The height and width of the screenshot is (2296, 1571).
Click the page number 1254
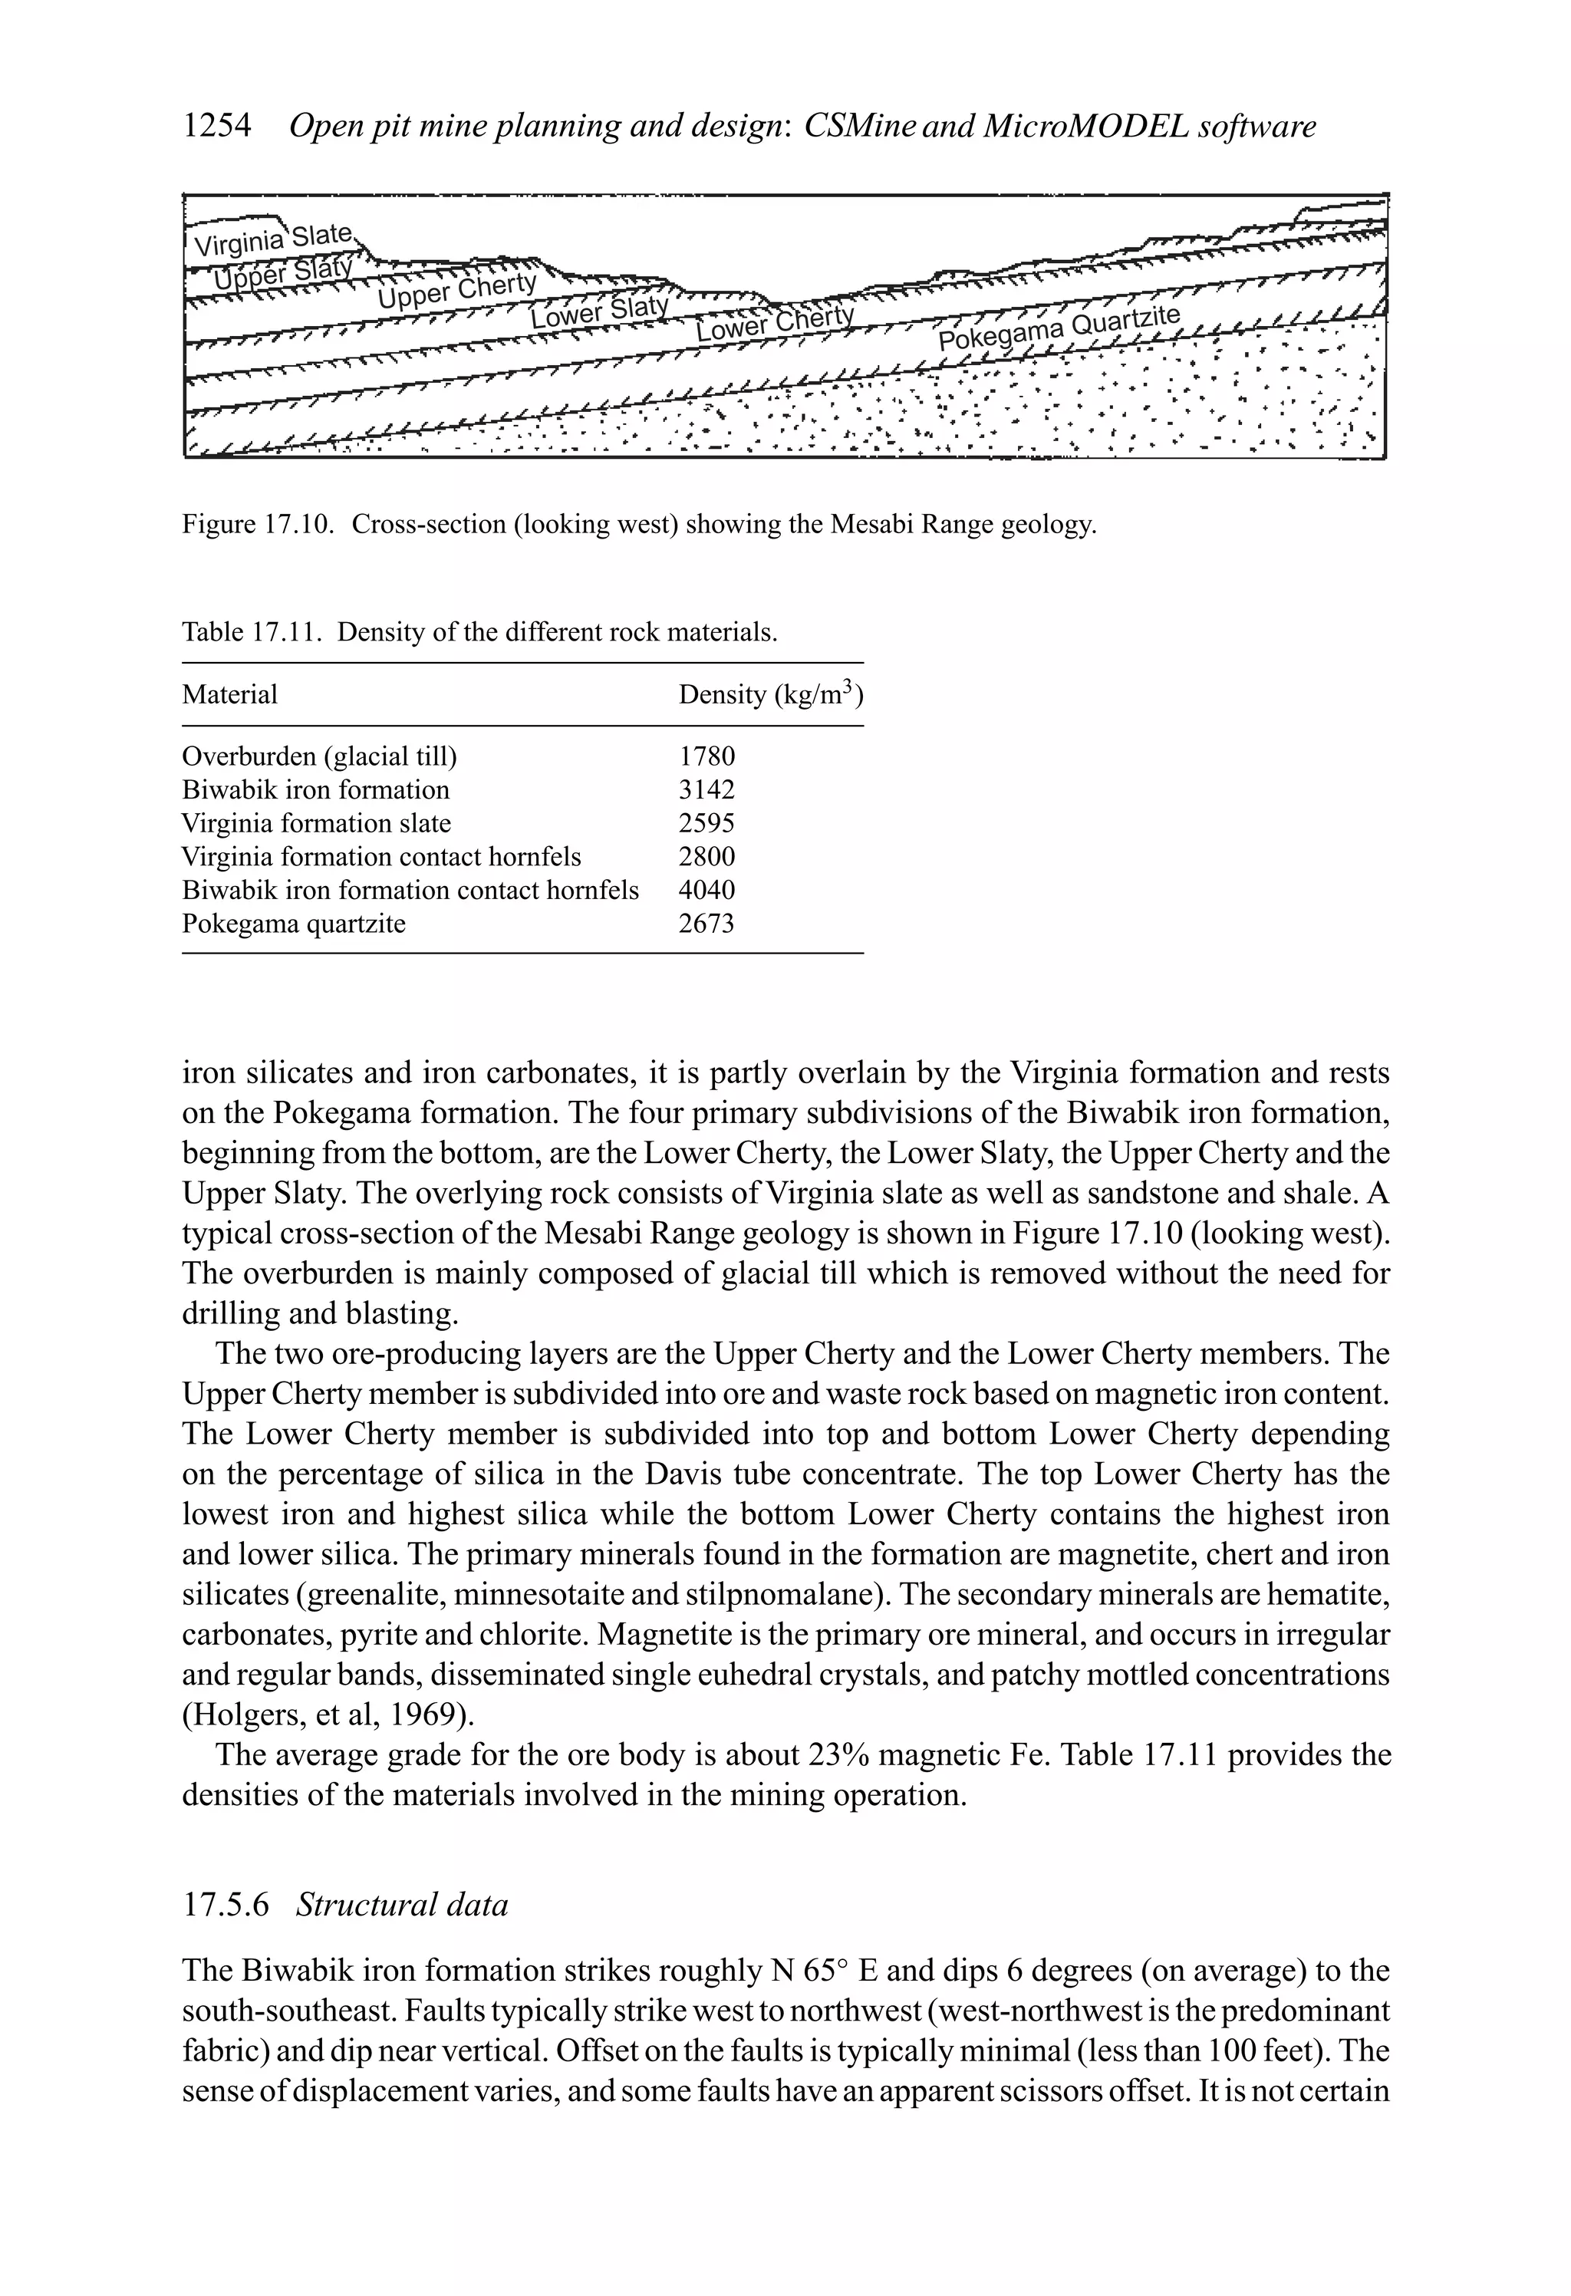(216, 127)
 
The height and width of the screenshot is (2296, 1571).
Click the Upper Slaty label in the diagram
(282, 272)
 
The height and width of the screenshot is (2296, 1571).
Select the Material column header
(229, 694)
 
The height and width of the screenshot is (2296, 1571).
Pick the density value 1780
(706, 757)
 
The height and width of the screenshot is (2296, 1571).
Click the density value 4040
(706, 890)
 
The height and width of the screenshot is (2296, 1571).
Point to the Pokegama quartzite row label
(294, 924)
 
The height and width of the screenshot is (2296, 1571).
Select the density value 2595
(706, 823)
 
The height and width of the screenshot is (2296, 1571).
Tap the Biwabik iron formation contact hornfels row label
(410, 890)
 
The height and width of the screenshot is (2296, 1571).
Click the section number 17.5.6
(226, 1904)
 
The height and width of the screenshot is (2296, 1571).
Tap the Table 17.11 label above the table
(251, 632)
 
